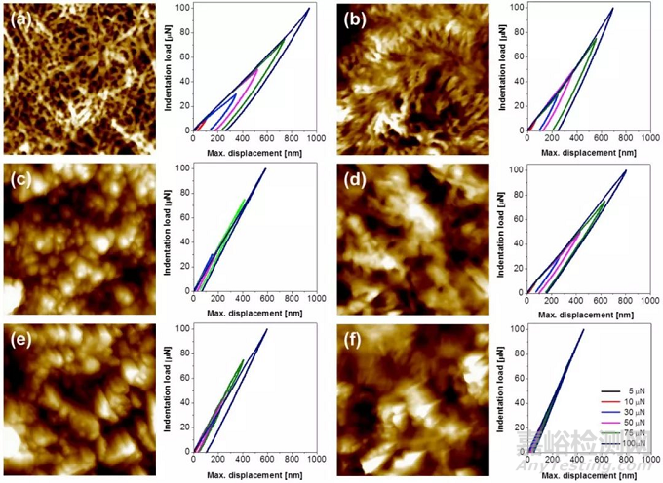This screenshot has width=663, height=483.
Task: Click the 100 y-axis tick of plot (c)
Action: (184, 169)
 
